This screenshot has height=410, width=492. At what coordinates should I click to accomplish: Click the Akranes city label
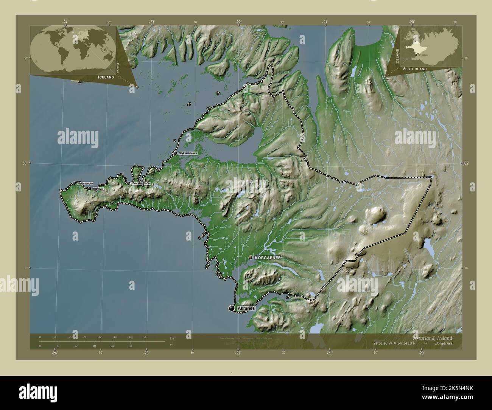coord(246,309)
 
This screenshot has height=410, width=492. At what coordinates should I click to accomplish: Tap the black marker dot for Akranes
coord(232,309)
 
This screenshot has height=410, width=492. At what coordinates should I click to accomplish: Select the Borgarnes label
coord(268,257)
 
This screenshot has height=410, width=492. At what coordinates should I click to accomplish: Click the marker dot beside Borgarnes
coord(251,257)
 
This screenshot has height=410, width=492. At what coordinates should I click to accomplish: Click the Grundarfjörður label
coord(142,183)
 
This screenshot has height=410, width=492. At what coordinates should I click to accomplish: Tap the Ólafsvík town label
coord(98,188)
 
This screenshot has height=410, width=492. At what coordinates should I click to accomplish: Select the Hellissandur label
coord(85,183)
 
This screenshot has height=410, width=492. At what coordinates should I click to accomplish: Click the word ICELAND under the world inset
coord(106,77)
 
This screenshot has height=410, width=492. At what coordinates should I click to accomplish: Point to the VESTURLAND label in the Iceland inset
coord(414,69)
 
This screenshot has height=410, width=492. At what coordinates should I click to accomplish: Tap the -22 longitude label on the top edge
coord(238,22)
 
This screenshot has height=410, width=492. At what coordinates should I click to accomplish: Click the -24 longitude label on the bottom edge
coord(55,353)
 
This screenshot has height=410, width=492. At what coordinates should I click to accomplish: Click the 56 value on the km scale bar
coord(145,337)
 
